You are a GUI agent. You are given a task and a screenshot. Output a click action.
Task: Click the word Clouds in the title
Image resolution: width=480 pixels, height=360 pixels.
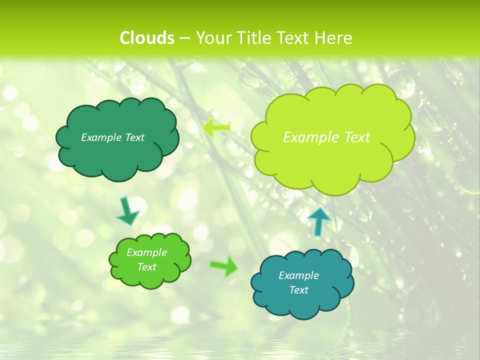pos(147,38)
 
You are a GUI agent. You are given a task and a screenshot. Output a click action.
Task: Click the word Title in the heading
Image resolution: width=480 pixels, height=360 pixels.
pos(252,38)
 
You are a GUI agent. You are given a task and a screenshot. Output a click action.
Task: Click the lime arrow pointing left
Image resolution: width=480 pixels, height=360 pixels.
pos(216,127)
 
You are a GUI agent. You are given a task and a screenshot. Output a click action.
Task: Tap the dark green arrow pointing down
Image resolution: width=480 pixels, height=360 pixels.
pos(127,211)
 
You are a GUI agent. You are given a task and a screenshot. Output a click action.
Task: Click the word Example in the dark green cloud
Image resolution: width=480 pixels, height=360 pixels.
pos(101,137)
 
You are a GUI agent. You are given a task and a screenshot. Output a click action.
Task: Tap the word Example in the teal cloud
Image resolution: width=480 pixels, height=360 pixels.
pos(298,275)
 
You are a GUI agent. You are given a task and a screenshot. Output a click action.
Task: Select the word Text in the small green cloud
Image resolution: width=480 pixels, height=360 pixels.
pos(146,267)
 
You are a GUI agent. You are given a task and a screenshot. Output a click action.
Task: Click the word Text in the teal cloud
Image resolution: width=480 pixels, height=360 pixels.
pos(298,290)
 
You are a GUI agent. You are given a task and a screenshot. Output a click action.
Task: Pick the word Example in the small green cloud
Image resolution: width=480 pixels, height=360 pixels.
pos(146,252)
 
